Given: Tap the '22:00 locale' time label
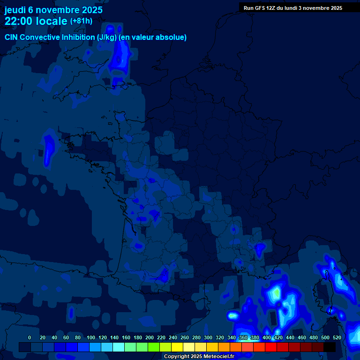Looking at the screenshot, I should [36, 21].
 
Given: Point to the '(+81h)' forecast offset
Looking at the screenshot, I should [81, 21].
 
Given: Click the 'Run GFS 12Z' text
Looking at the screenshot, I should [260, 8].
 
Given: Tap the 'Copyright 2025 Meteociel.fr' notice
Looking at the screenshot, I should [199, 356].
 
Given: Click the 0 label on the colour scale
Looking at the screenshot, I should [30, 337].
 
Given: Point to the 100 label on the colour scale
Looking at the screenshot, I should [91, 337].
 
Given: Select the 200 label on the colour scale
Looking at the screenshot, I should [150, 337].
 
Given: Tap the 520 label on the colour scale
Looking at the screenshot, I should [337, 337].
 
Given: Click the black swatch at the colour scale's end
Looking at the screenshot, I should [330, 347].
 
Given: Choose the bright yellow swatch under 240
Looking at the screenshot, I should [177, 347].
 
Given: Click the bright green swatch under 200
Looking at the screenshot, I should [154, 347].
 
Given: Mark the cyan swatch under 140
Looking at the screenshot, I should [119, 347].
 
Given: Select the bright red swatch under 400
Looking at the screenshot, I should [271, 347].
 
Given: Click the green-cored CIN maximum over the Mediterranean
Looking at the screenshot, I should [277, 293].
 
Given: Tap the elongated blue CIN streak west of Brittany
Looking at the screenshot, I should [47, 150].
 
